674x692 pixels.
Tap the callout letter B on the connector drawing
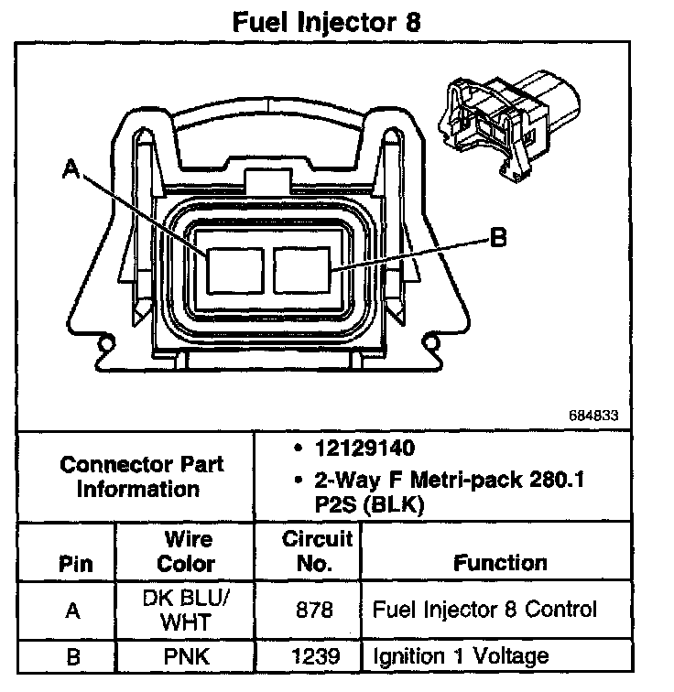[x=498, y=238]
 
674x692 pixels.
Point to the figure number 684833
[x=593, y=415]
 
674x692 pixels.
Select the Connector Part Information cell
[x=142, y=476]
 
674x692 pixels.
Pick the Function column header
[x=501, y=562]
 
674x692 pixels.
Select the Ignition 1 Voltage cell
[x=460, y=655]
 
